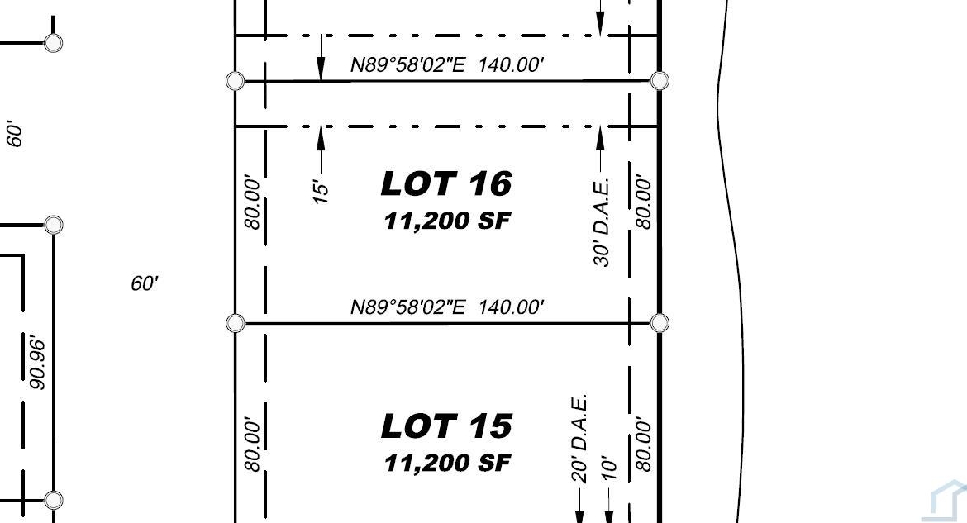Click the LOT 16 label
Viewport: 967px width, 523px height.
coord(446,183)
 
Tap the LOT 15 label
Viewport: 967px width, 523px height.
coord(446,426)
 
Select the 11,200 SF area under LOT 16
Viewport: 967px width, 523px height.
coord(447,220)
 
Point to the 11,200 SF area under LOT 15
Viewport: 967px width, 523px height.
coord(447,463)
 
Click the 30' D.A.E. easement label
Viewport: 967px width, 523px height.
coord(602,222)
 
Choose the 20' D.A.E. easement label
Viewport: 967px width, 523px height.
coord(579,439)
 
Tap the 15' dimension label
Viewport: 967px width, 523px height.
coord(321,192)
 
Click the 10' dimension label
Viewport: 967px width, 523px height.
coord(608,468)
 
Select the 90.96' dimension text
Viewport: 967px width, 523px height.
coord(37,364)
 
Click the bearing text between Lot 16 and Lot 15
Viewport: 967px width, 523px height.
coord(447,307)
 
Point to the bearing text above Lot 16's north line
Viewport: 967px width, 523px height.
coord(447,64)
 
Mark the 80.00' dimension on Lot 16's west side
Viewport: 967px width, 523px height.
coord(253,202)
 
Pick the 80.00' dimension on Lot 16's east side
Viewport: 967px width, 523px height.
coord(643,202)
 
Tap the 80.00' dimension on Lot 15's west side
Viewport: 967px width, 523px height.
coord(253,445)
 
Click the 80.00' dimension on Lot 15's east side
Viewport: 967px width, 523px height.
coord(643,445)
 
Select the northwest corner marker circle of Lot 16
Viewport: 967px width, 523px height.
coord(235,81)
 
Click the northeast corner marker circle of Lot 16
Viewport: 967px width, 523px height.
coord(660,81)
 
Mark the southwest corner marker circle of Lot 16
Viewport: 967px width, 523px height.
coord(235,323)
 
